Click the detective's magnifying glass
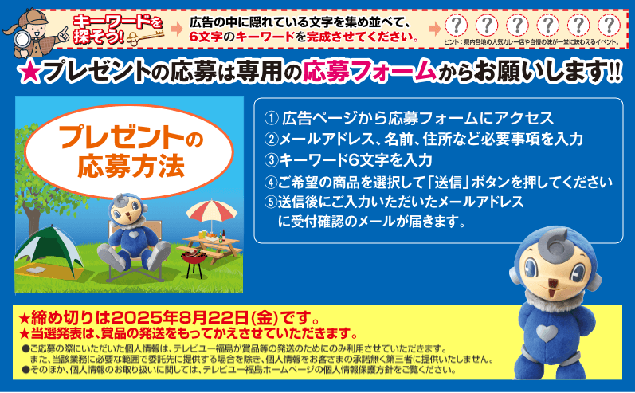(x=21, y=41)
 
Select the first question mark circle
(x=456, y=26)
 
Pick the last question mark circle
(x=609, y=26)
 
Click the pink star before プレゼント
(x=29, y=72)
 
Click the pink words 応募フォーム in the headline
(x=370, y=70)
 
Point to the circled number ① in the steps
(x=272, y=118)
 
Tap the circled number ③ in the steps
(x=272, y=160)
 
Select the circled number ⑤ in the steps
(x=272, y=202)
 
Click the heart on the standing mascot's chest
(x=547, y=333)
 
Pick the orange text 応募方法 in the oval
(x=131, y=166)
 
